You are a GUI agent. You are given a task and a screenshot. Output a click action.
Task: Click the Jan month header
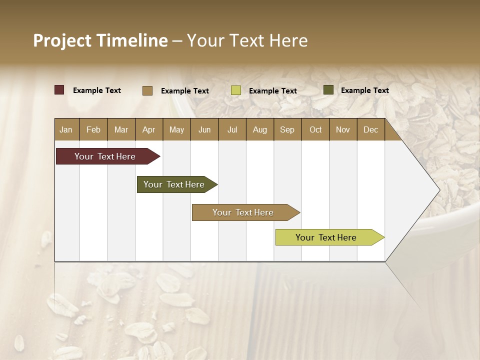66,129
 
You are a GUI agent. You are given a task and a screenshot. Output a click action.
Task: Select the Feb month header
93,129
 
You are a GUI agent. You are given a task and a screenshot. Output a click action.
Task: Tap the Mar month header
121,129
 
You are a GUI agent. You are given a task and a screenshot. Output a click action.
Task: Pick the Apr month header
149,129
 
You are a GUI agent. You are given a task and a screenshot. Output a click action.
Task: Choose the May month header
176,129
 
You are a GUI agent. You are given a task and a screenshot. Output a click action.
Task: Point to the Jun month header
204,129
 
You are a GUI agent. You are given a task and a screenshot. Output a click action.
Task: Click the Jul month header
232,129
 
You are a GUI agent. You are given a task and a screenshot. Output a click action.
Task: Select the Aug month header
260,129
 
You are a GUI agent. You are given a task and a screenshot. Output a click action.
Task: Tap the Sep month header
287,129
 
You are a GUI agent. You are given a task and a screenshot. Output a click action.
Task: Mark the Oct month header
315,129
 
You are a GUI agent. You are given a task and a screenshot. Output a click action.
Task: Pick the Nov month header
343,129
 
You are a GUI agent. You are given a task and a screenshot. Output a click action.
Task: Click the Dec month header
371,129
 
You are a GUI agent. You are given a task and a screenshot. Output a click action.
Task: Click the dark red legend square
59,90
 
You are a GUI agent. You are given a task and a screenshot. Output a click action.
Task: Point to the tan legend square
147,90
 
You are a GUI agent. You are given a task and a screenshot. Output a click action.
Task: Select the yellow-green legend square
236,90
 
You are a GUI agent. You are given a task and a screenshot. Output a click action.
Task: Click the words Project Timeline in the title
100,40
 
